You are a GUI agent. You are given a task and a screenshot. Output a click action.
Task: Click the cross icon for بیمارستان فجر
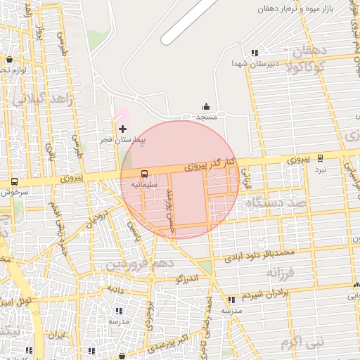click(x=123, y=129)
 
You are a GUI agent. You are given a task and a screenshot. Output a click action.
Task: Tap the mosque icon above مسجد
click(x=206, y=106)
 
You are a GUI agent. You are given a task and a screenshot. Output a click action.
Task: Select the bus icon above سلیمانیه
click(x=144, y=174)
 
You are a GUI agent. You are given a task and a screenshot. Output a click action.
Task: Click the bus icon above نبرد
click(x=320, y=160)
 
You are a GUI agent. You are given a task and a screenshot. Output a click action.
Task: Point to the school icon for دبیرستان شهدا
click(x=255, y=52)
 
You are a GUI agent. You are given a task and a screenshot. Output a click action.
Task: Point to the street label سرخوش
click(x=12, y=191)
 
